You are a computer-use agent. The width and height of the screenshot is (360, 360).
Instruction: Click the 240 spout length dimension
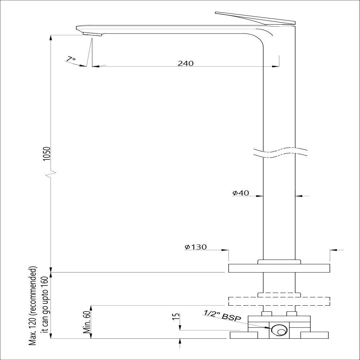185,63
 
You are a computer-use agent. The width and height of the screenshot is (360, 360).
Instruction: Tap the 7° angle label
71,59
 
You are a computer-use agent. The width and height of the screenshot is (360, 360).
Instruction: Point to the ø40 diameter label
241,193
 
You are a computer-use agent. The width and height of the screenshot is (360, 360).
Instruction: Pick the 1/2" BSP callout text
222,316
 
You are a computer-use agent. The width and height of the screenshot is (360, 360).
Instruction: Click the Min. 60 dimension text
86,323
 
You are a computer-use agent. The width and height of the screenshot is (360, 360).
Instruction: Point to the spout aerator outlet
93,34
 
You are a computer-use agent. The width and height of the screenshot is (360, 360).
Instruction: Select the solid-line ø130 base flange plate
279,268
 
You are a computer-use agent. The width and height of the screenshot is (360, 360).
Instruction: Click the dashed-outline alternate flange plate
279,301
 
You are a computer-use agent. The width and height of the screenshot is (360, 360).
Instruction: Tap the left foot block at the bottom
244,335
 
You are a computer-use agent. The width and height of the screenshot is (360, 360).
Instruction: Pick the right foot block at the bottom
314,335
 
